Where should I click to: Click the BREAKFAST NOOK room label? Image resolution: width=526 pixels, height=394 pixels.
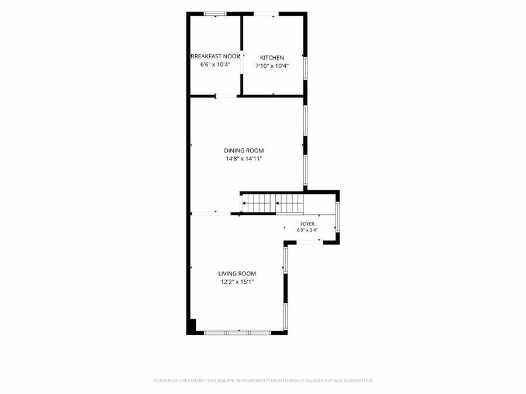pos(215,56)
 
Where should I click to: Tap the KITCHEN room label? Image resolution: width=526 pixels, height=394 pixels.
pos(272,58)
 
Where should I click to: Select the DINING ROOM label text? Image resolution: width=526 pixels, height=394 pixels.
pos(244,151)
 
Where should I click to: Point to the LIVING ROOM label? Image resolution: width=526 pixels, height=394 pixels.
pos(237,273)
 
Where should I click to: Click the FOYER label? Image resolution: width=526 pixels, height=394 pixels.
pos(307,224)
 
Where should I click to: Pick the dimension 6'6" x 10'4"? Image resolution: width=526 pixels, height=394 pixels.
pos(215,64)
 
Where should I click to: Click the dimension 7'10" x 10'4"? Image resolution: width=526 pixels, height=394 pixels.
pos(272,66)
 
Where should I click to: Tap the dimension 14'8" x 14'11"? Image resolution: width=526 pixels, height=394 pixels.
pos(244,159)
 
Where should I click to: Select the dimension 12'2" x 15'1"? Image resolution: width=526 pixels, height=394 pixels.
pos(237,282)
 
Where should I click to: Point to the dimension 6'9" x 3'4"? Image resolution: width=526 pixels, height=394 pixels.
pos(307,230)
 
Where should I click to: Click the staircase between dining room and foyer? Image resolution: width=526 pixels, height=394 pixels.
pos(273,203)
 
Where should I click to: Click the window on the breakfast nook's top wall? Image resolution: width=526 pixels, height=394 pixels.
pos(215,14)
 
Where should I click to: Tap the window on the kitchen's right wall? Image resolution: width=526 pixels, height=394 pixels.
pos(305,68)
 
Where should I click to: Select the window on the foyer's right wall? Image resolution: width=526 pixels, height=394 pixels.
pos(338,217)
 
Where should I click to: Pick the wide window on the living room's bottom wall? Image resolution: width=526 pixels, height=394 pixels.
pos(237,333)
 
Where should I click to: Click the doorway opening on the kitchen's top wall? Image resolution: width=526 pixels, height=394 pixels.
pos(266,14)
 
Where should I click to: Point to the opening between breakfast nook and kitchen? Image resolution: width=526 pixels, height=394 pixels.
pos(241,62)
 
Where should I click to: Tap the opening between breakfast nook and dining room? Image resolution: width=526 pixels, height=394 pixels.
pos(226,96)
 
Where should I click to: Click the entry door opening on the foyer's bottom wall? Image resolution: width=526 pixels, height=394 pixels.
pos(310,242)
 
